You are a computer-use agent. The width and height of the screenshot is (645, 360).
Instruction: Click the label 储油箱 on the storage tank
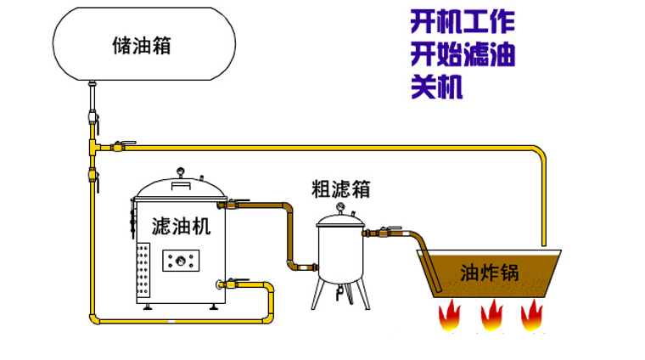click(x=142, y=45)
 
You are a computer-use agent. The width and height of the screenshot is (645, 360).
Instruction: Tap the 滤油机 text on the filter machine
click(x=176, y=227)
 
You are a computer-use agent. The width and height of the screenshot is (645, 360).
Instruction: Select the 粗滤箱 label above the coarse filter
click(x=340, y=188)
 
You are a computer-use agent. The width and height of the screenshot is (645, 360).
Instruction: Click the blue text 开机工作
click(x=463, y=20)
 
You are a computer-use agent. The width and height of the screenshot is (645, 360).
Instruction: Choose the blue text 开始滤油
click(x=463, y=54)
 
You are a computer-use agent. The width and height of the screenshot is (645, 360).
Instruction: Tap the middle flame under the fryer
click(x=491, y=317)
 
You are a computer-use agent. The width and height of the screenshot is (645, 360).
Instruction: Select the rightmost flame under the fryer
click(x=532, y=317)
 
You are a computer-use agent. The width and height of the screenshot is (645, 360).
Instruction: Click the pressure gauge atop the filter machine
click(x=179, y=171)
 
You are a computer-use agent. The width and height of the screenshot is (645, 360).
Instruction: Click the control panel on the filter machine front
click(x=182, y=260)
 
